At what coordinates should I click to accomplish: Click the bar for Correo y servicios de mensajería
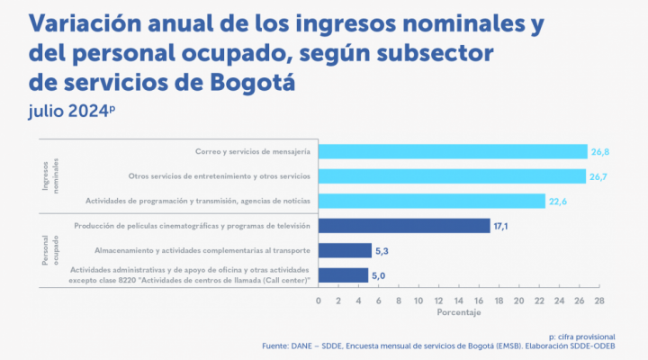pyautogui.click(x=453, y=151)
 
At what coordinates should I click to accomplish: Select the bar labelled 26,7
pyautogui.click(x=453, y=175)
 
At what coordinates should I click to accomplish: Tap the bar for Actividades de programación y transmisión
pyautogui.click(x=432, y=200)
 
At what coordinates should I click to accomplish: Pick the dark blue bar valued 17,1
pyautogui.click(x=404, y=225)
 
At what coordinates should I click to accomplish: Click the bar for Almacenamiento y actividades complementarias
pyautogui.click(x=345, y=250)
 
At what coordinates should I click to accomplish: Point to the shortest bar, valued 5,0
pyautogui.click(x=343, y=274)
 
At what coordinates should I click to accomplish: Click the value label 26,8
pyautogui.click(x=601, y=151)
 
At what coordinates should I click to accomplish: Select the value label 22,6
pyautogui.click(x=559, y=201)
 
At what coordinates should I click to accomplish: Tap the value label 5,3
pyautogui.click(x=383, y=250)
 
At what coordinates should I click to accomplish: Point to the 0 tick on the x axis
pyautogui.click(x=319, y=301)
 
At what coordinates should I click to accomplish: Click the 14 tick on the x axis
pyautogui.click(x=459, y=301)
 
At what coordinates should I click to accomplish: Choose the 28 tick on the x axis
pyautogui.click(x=599, y=301)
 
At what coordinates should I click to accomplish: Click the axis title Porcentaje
pyautogui.click(x=459, y=312)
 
